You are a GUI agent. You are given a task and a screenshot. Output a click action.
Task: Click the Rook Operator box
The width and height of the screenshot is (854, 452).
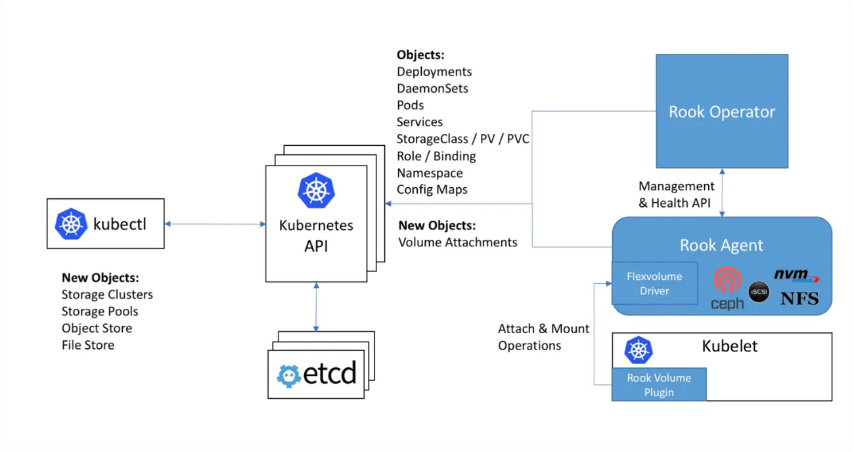pyautogui.click(x=722, y=111)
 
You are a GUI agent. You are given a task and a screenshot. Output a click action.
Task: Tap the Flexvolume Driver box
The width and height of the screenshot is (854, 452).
pyautogui.click(x=654, y=283)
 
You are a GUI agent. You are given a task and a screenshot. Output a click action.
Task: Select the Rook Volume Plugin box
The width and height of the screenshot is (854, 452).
pyautogui.click(x=659, y=384)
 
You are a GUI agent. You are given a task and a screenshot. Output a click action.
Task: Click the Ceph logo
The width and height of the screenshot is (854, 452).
pyautogui.click(x=727, y=288)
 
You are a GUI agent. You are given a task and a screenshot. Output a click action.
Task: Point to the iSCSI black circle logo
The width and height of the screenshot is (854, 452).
pyautogui.click(x=759, y=292)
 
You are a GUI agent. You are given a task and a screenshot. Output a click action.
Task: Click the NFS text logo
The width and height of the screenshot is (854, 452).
pyautogui.click(x=799, y=298)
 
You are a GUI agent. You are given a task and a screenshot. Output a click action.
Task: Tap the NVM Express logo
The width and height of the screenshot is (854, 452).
pyautogui.click(x=796, y=275)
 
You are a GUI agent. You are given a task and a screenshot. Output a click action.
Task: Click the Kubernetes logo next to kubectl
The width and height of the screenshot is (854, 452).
pyautogui.click(x=71, y=224)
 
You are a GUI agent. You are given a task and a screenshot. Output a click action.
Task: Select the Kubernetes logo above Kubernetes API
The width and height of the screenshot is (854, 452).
pyautogui.click(x=316, y=191)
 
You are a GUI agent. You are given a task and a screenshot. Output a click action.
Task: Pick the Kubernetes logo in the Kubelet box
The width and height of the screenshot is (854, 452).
pyautogui.click(x=639, y=350)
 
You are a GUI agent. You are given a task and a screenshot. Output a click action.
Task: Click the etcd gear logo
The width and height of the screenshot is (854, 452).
pyautogui.click(x=288, y=376)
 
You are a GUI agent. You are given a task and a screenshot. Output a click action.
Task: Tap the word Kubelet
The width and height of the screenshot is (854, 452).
pyautogui.click(x=729, y=346)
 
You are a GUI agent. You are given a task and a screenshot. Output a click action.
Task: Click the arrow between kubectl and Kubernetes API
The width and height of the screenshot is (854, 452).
pyautogui.click(x=215, y=224)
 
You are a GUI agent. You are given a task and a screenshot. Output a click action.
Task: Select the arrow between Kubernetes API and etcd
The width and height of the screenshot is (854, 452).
pyautogui.click(x=316, y=307)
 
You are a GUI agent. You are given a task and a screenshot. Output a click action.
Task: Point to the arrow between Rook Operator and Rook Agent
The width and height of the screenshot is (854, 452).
pyautogui.click(x=722, y=193)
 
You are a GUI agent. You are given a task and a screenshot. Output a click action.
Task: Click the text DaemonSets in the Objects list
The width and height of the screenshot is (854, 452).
pyautogui.click(x=432, y=88)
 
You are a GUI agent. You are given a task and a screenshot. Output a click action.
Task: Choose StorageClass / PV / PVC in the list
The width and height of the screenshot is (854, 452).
pyautogui.click(x=463, y=139)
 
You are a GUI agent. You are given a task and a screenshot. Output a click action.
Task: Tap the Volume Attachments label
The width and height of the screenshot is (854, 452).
pyautogui.click(x=457, y=242)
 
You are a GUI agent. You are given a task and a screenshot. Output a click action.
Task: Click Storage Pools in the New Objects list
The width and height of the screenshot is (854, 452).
pyautogui.click(x=100, y=311)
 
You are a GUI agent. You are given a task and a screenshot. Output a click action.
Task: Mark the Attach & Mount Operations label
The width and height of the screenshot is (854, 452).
pyautogui.click(x=544, y=337)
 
